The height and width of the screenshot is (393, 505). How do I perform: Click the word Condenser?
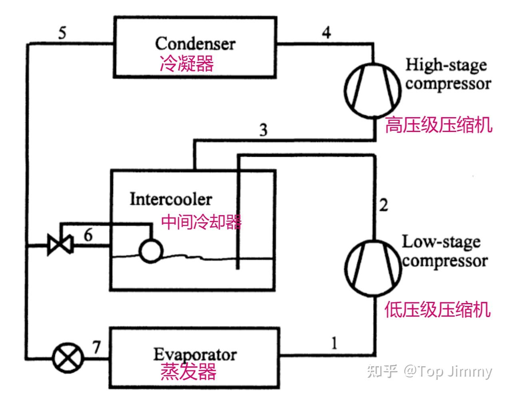coord(195,44)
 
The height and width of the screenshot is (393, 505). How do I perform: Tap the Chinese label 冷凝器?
coord(187,63)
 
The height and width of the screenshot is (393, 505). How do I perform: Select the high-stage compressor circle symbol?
coord(372,90)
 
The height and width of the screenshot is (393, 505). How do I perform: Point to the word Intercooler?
coord(171,199)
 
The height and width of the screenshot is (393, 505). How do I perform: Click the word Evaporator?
coord(195,355)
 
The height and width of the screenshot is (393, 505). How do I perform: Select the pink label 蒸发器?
coord(188,372)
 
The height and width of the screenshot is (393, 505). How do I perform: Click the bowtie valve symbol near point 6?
coord(60,244)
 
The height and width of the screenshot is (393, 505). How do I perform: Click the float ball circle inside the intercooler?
coord(151,251)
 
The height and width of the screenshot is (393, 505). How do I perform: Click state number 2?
coord(383,205)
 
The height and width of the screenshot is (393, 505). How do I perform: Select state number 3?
coord(263,130)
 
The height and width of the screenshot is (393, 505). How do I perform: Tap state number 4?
coord(327,32)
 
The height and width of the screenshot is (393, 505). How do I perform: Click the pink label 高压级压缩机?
coord(438,126)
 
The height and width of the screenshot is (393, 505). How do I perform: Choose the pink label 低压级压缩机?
coord(437,310)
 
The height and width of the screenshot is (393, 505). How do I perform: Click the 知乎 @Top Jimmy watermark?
coord(429,371)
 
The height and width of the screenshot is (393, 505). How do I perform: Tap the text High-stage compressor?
coord(447,74)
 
